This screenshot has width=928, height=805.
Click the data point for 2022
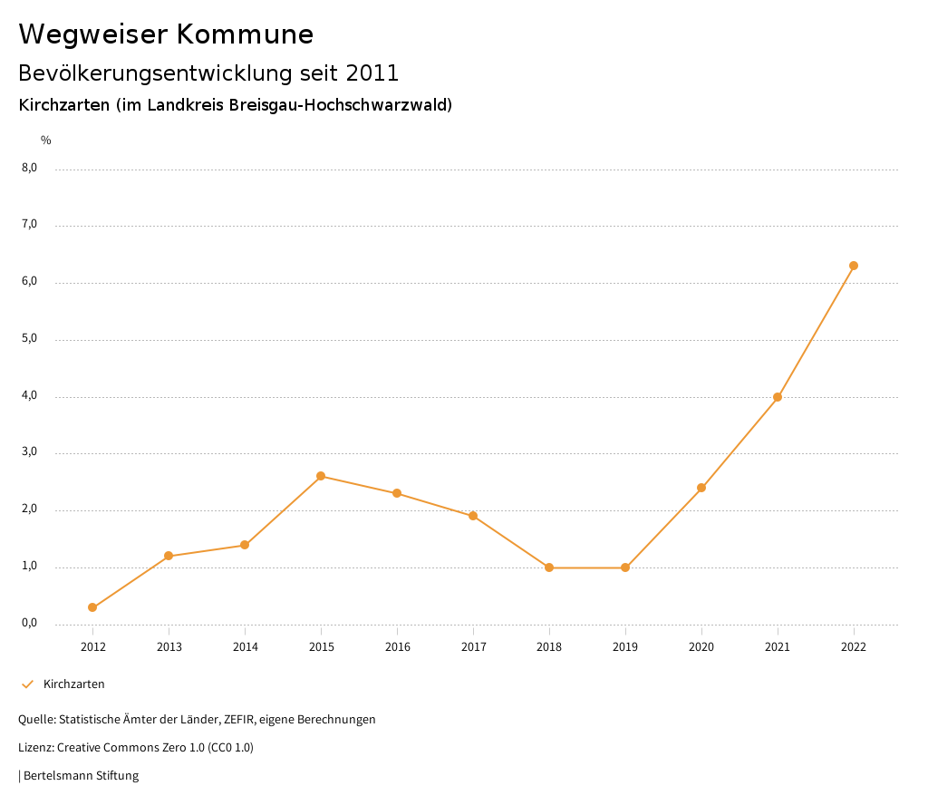point(854,266)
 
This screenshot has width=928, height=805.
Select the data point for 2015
point(321,476)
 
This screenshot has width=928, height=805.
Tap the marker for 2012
point(92,607)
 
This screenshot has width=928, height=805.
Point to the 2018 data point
point(549,567)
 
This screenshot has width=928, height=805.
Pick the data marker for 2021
point(778,397)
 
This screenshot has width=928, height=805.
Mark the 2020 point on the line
point(701,488)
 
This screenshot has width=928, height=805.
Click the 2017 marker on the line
point(473,516)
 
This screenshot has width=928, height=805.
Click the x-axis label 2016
point(397,647)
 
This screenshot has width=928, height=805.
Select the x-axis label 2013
point(169,647)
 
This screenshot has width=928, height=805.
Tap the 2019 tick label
point(625,647)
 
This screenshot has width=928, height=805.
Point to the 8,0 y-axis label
point(30,168)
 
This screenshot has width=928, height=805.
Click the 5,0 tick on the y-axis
point(30,338)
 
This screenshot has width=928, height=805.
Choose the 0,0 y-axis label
point(30,623)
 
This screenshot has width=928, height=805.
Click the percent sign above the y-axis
point(46,141)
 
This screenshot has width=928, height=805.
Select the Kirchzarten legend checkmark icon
point(27,684)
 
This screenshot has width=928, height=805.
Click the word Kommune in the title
point(245,34)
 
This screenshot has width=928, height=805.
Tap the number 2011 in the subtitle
point(372,73)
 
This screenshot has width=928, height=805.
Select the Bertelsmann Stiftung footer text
point(81,776)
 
